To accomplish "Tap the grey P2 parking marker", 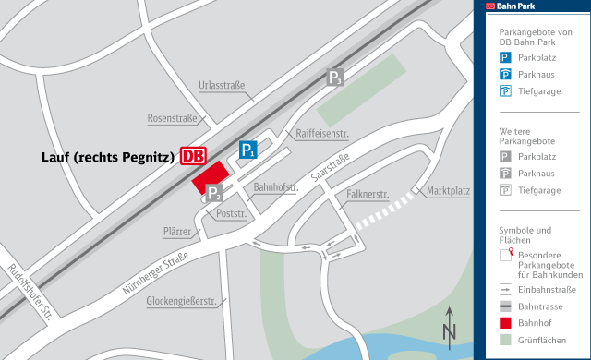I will click(x=213, y=193).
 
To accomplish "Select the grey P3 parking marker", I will click(x=335, y=78).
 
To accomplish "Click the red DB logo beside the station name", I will click(x=194, y=156).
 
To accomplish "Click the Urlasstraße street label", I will click(x=222, y=86).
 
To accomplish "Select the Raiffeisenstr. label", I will click(x=322, y=134).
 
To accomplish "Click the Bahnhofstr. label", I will click(x=276, y=186).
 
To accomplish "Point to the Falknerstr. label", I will click(x=368, y=195).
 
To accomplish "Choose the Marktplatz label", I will click(x=449, y=191).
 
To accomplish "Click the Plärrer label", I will click(x=176, y=232).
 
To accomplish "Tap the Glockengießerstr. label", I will click(x=175, y=301).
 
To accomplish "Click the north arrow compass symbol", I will click(x=450, y=324).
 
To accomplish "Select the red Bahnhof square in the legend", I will click(x=505, y=323).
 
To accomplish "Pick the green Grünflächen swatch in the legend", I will click(x=505, y=341).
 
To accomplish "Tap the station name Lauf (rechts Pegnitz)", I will click(x=108, y=157).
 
